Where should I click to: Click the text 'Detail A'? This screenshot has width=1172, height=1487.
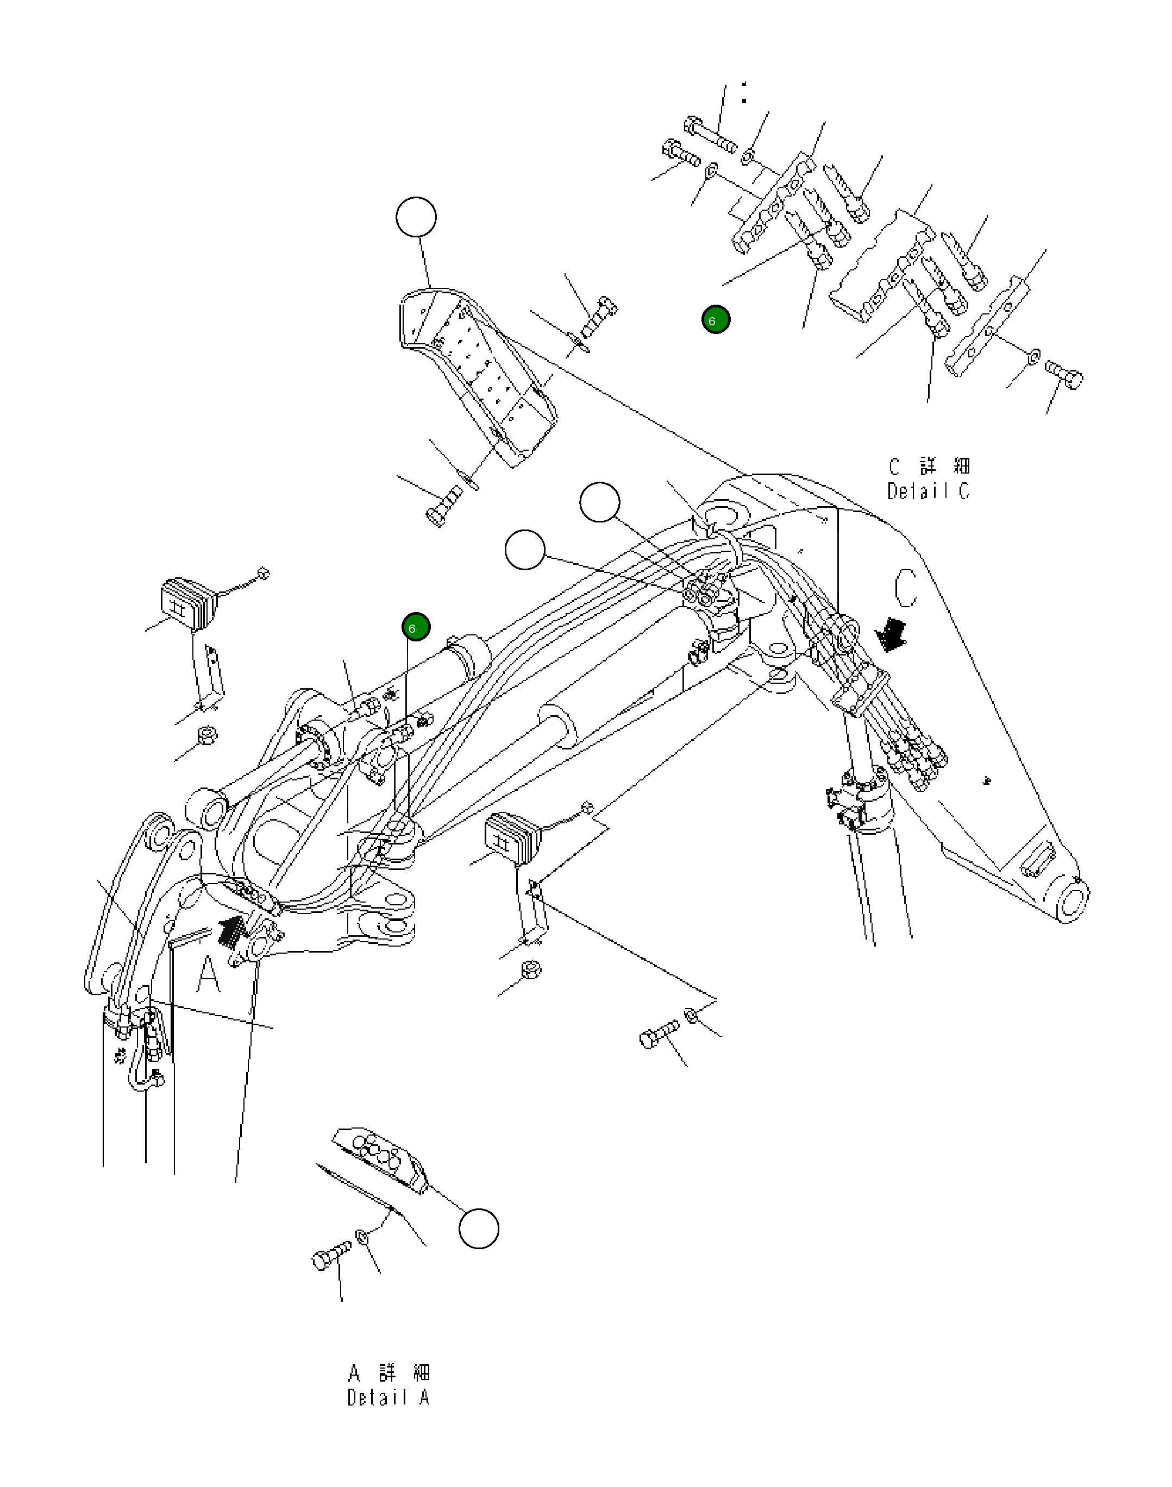coord(388,1397)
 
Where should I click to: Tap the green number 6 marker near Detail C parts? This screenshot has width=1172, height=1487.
coord(716,320)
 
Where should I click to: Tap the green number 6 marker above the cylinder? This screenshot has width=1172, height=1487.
coord(416,627)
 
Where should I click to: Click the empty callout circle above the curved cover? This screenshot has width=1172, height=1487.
coord(416,217)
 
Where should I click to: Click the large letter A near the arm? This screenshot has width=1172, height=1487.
coord(208,975)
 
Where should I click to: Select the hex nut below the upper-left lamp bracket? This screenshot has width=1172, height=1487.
coord(206,735)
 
